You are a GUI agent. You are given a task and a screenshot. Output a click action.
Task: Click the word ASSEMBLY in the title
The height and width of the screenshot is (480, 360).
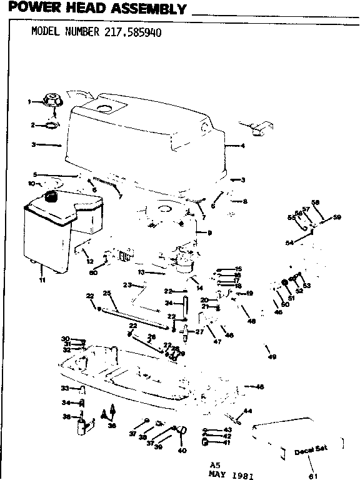click(x=146, y=9)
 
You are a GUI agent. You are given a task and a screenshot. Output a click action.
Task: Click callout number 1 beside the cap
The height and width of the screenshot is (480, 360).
click(x=28, y=101)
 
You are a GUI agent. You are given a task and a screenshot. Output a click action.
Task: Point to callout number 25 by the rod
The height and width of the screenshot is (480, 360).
click(x=106, y=293)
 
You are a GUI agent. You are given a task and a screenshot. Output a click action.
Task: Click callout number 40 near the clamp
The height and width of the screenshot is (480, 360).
click(x=182, y=450)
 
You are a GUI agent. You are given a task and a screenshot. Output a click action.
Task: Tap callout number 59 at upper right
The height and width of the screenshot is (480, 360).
click(x=337, y=217)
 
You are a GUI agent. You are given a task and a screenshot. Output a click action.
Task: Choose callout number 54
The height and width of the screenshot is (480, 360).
click(x=289, y=242)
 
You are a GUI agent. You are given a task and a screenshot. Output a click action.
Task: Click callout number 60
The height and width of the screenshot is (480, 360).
click(x=94, y=272)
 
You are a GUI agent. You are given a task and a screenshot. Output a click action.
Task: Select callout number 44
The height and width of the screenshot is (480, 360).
click(x=247, y=411)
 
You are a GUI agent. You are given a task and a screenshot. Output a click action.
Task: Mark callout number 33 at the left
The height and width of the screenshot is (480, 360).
click(x=63, y=388)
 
